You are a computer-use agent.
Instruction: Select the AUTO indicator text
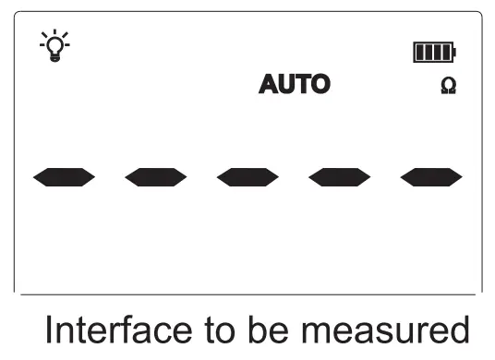[x=294, y=86]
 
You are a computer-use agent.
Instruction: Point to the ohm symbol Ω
[x=449, y=86]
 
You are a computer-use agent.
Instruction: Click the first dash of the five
[x=63, y=176]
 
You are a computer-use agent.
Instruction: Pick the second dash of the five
[x=155, y=176]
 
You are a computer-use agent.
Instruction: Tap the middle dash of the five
[x=247, y=176]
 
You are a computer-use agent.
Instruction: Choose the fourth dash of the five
[x=339, y=176]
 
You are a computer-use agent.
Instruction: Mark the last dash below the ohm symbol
[x=431, y=176]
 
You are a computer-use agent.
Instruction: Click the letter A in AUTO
[x=269, y=86]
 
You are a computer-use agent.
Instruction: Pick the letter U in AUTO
[x=286, y=86]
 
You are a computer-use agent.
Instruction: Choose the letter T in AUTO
[x=302, y=86]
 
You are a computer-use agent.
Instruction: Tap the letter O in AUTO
[x=319, y=86]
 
